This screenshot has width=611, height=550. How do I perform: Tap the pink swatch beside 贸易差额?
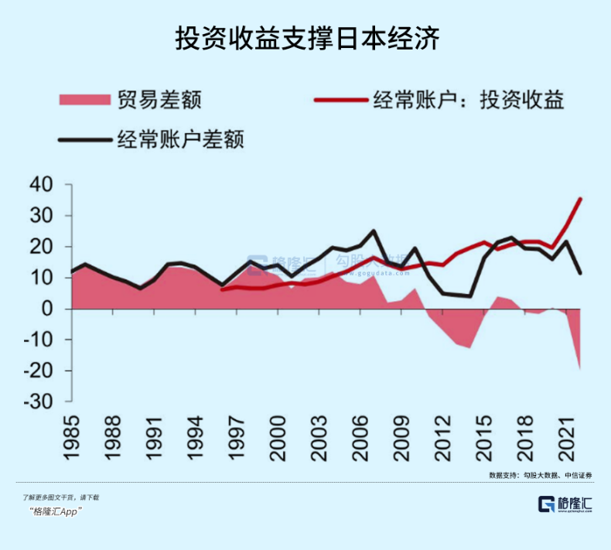(84, 100)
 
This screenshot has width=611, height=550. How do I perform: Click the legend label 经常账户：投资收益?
(469, 100)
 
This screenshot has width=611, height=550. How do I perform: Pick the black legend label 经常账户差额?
(181, 140)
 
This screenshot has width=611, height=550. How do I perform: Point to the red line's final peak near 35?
(581, 199)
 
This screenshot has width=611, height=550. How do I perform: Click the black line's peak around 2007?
(374, 231)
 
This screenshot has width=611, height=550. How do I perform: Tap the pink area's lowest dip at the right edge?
(580, 369)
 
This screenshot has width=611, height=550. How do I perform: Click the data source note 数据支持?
(544, 473)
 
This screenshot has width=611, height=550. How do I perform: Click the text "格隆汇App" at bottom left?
(56, 512)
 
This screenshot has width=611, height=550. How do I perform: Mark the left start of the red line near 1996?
(223, 289)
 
